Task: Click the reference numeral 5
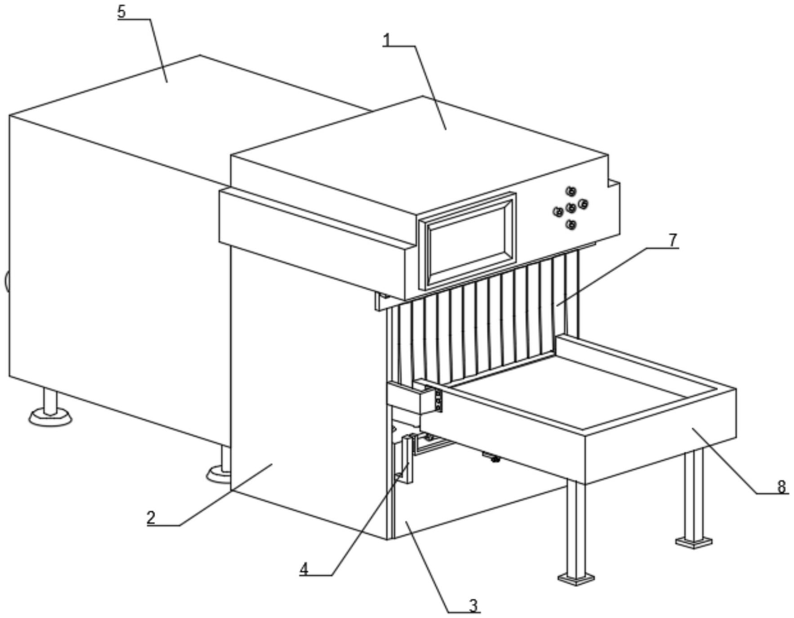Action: pos(121,12)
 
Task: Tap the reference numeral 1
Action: pos(387,40)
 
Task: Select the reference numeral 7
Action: pos(672,240)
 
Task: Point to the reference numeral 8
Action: pos(781,486)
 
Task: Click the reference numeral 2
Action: pos(151,518)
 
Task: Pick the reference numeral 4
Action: pos(304,569)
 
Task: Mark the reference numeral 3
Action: pos(473,605)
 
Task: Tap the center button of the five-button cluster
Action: pos(571,208)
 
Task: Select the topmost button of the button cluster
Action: pos(571,191)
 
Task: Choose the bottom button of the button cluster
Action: pos(571,225)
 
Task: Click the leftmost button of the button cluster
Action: pos(558,211)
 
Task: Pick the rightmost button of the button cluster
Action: pos(583,205)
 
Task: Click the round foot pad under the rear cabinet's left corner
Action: pos(50,418)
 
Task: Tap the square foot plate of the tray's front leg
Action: pos(576,578)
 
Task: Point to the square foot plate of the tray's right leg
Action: pos(694,542)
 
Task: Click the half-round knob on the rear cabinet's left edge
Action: pos(7,281)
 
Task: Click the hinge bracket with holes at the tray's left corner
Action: pos(437,400)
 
